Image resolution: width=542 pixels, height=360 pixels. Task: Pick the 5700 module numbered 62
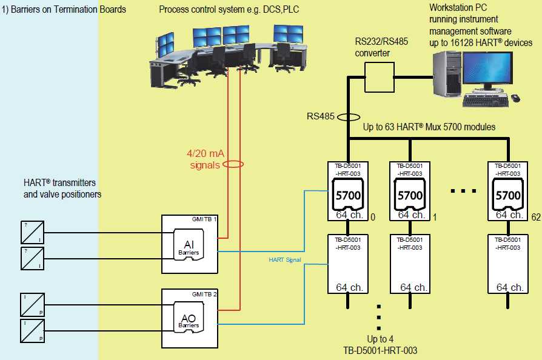point(508,195)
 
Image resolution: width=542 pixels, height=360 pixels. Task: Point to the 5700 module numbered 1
point(410,195)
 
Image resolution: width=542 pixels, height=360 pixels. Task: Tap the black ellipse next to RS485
point(349,116)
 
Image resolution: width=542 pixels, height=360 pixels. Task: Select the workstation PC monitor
point(487,68)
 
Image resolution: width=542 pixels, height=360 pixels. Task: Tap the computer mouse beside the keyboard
point(515,98)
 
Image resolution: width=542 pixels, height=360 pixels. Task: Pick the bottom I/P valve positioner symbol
point(32,331)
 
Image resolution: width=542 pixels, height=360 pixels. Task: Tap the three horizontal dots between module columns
point(464,192)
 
